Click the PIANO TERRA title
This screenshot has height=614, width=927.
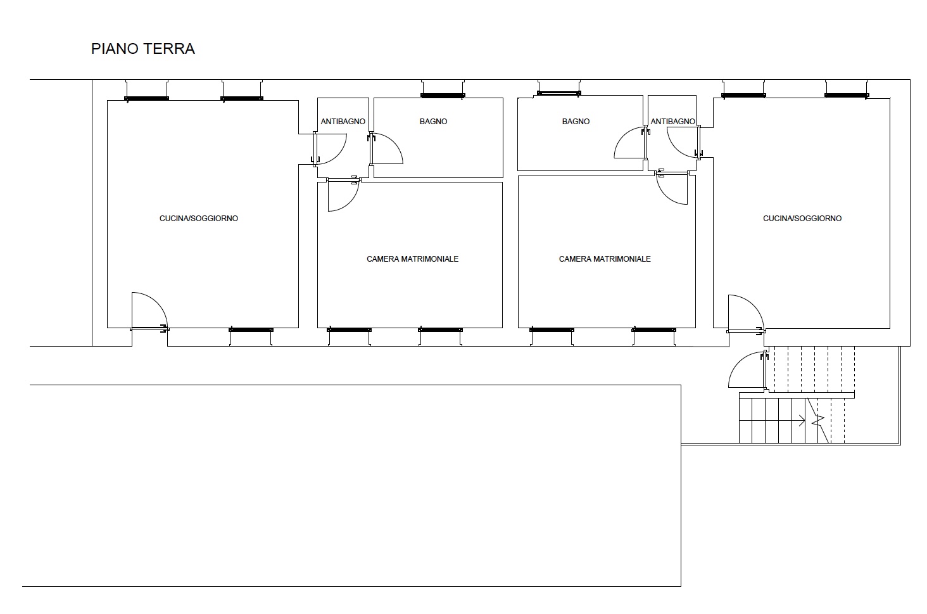tap(142, 49)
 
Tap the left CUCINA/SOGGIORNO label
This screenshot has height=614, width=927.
tap(199, 219)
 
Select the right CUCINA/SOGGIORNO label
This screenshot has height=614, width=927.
tap(802, 219)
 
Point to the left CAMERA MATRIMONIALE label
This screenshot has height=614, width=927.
tap(412, 259)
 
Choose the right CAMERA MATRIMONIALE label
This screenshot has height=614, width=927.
tap(605, 259)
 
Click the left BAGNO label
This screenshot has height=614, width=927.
tap(433, 122)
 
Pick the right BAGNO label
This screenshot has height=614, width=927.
tap(576, 122)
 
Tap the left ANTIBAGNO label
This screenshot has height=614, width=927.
tap(343, 122)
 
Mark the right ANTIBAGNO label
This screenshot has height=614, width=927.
tap(672, 122)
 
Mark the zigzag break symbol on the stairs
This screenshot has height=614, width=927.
tap(818, 421)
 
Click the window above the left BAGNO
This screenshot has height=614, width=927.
tap(443, 96)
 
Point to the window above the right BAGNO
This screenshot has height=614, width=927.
tap(558, 94)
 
